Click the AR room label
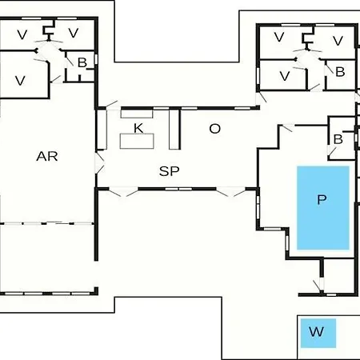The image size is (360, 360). pyautogui.click(x=47, y=156)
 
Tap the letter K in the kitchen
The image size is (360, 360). pyautogui.click(x=138, y=128)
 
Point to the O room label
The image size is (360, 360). pyautogui.click(x=215, y=129)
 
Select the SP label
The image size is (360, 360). pyautogui.click(x=169, y=171)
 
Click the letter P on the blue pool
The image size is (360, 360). pyautogui.click(x=322, y=199)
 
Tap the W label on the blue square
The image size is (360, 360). pyautogui.click(x=317, y=332)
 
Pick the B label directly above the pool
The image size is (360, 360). pyautogui.click(x=338, y=139)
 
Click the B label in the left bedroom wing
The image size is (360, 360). pyautogui.click(x=82, y=63)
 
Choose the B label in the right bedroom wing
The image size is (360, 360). pyautogui.click(x=340, y=72)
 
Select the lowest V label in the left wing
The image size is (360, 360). pyautogui.click(x=20, y=81)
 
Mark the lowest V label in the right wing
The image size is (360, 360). pyautogui.click(x=285, y=76)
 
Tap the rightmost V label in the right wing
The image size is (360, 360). pyautogui.click(x=338, y=41)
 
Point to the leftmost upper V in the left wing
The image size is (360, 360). pyautogui.click(x=22, y=34)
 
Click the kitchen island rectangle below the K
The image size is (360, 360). pyautogui.click(x=137, y=142)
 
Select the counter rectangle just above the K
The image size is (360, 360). pyautogui.click(x=137, y=114)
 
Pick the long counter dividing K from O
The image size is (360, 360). pyautogui.click(x=174, y=130)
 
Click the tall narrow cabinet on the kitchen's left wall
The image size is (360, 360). pyautogui.click(x=102, y=130)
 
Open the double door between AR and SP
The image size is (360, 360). pyautogui.click(x=99, y=163)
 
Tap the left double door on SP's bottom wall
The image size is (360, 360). pyautogui.click(x=123, y=192)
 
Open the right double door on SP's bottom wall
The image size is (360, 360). pyautogui.click(x=230, y=192)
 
